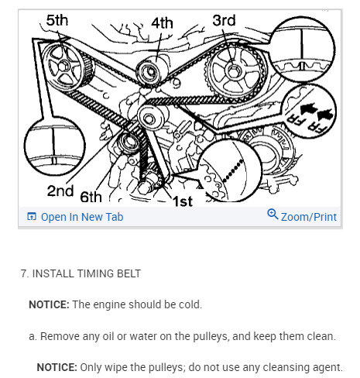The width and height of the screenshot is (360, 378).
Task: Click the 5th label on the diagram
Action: click(x=57, y=19)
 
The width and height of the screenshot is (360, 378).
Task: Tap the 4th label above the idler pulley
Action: click(x=162, y=22)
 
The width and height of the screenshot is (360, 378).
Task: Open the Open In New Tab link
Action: click(x=81, y=217)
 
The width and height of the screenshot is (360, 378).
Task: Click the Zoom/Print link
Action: click(x=308, y=217)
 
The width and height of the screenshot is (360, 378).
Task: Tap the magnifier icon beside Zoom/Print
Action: click(x=272, y=215)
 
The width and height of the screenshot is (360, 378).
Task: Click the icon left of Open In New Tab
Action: click(x=32, y=217)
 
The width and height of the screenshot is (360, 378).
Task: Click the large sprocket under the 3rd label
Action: click(x=234, y=74)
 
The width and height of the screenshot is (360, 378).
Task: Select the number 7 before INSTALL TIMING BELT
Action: click(x=24, y=273)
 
